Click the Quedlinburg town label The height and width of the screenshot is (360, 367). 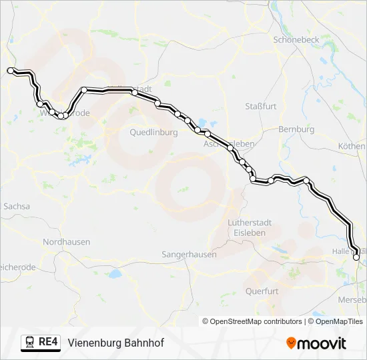[153, 132]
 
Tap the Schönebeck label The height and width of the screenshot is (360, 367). [296, 39]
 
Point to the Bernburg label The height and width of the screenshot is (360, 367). [296, 129]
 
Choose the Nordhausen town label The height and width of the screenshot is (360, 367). [66, 242]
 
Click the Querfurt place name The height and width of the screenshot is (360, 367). [262, 291]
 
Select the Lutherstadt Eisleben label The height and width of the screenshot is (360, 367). [247, 228]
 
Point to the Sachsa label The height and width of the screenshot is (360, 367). [17, 207]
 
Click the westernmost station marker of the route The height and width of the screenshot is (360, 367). [10, 70]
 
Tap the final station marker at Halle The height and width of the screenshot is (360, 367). [356, 257]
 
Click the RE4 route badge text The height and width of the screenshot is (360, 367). [49, 343]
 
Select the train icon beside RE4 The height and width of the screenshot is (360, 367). [29, 343]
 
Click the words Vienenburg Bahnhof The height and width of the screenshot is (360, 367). [115, 343]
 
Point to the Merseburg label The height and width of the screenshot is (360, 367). [353, 300]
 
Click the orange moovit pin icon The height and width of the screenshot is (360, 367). [291, 343]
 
